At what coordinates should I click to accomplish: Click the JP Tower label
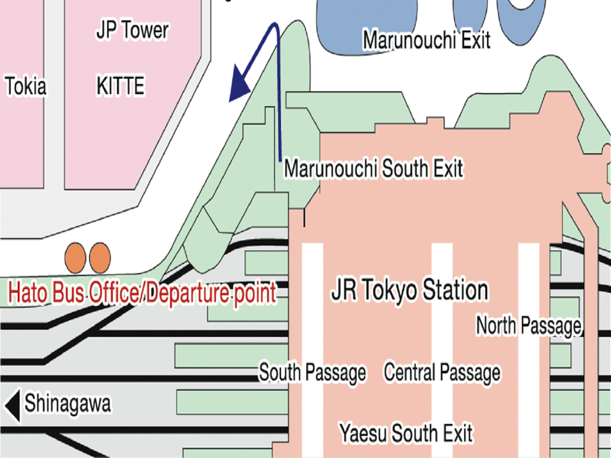click(x=132, y=32)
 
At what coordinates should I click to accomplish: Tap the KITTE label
click(x=120, y=87)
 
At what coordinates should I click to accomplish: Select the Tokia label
click(x=26, y=87)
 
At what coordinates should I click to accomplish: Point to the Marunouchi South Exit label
click(x=374, y=169)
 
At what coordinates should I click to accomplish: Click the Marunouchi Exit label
click(x=427, y=41)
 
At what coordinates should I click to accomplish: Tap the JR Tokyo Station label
click(x=409, y=291)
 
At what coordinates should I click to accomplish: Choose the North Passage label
click(x=528, y=326)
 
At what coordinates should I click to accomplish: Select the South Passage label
click(x=312, y=373)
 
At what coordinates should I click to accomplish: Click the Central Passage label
click(x=442, y=373)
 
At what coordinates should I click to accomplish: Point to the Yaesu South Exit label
click(x=406, y=433)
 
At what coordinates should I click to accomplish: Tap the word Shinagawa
click(x=67, y=404)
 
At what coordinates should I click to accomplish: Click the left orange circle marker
click(x=76, y=257)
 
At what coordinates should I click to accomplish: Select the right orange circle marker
click(x=100, y=257)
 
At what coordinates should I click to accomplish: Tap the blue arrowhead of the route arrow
click(x=240, y=85)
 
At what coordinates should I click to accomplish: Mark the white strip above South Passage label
click(x=312, y=298)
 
